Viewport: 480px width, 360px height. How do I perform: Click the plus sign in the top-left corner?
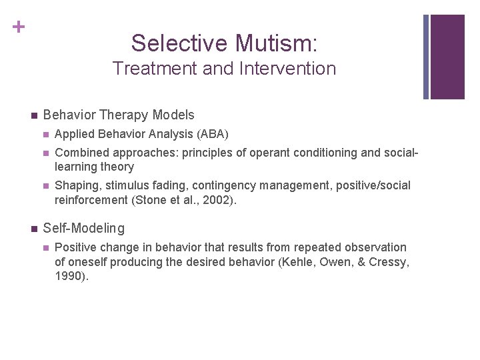[19, 27]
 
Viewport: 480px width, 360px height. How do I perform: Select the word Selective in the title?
[180, 43]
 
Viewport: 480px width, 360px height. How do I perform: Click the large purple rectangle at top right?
[447, 57]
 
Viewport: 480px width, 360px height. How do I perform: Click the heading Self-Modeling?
[83, 229]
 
